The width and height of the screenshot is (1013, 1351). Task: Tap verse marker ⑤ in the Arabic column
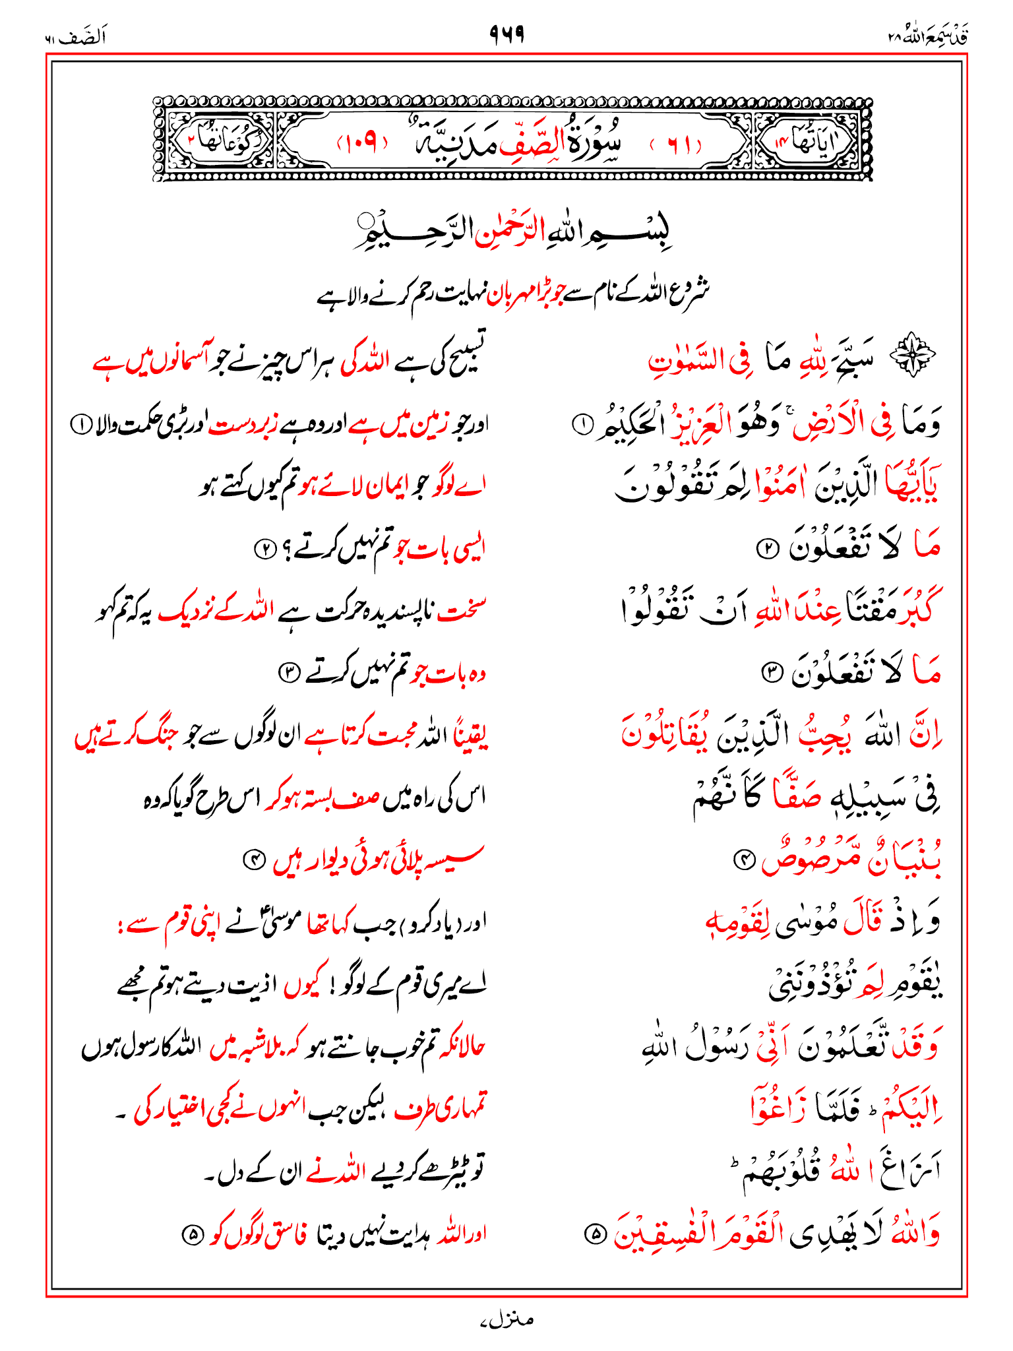(x=595, y=1234)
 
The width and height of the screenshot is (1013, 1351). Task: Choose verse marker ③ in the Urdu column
(x=289, y=673)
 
